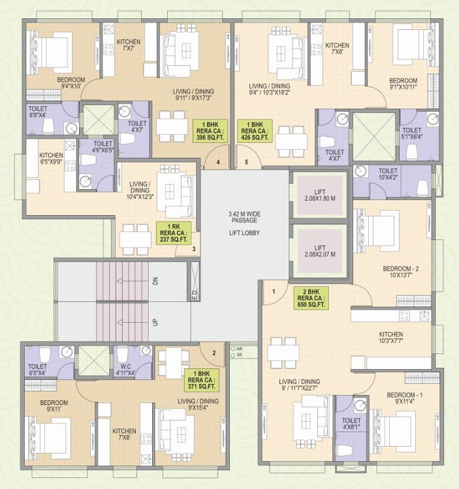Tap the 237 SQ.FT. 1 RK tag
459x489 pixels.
pyautogui.click(x=174, y=231)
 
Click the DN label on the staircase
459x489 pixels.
pyautogui.click(x=155, y=282)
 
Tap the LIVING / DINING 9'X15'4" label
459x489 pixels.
pyautogui.click(x=198, y=404)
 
